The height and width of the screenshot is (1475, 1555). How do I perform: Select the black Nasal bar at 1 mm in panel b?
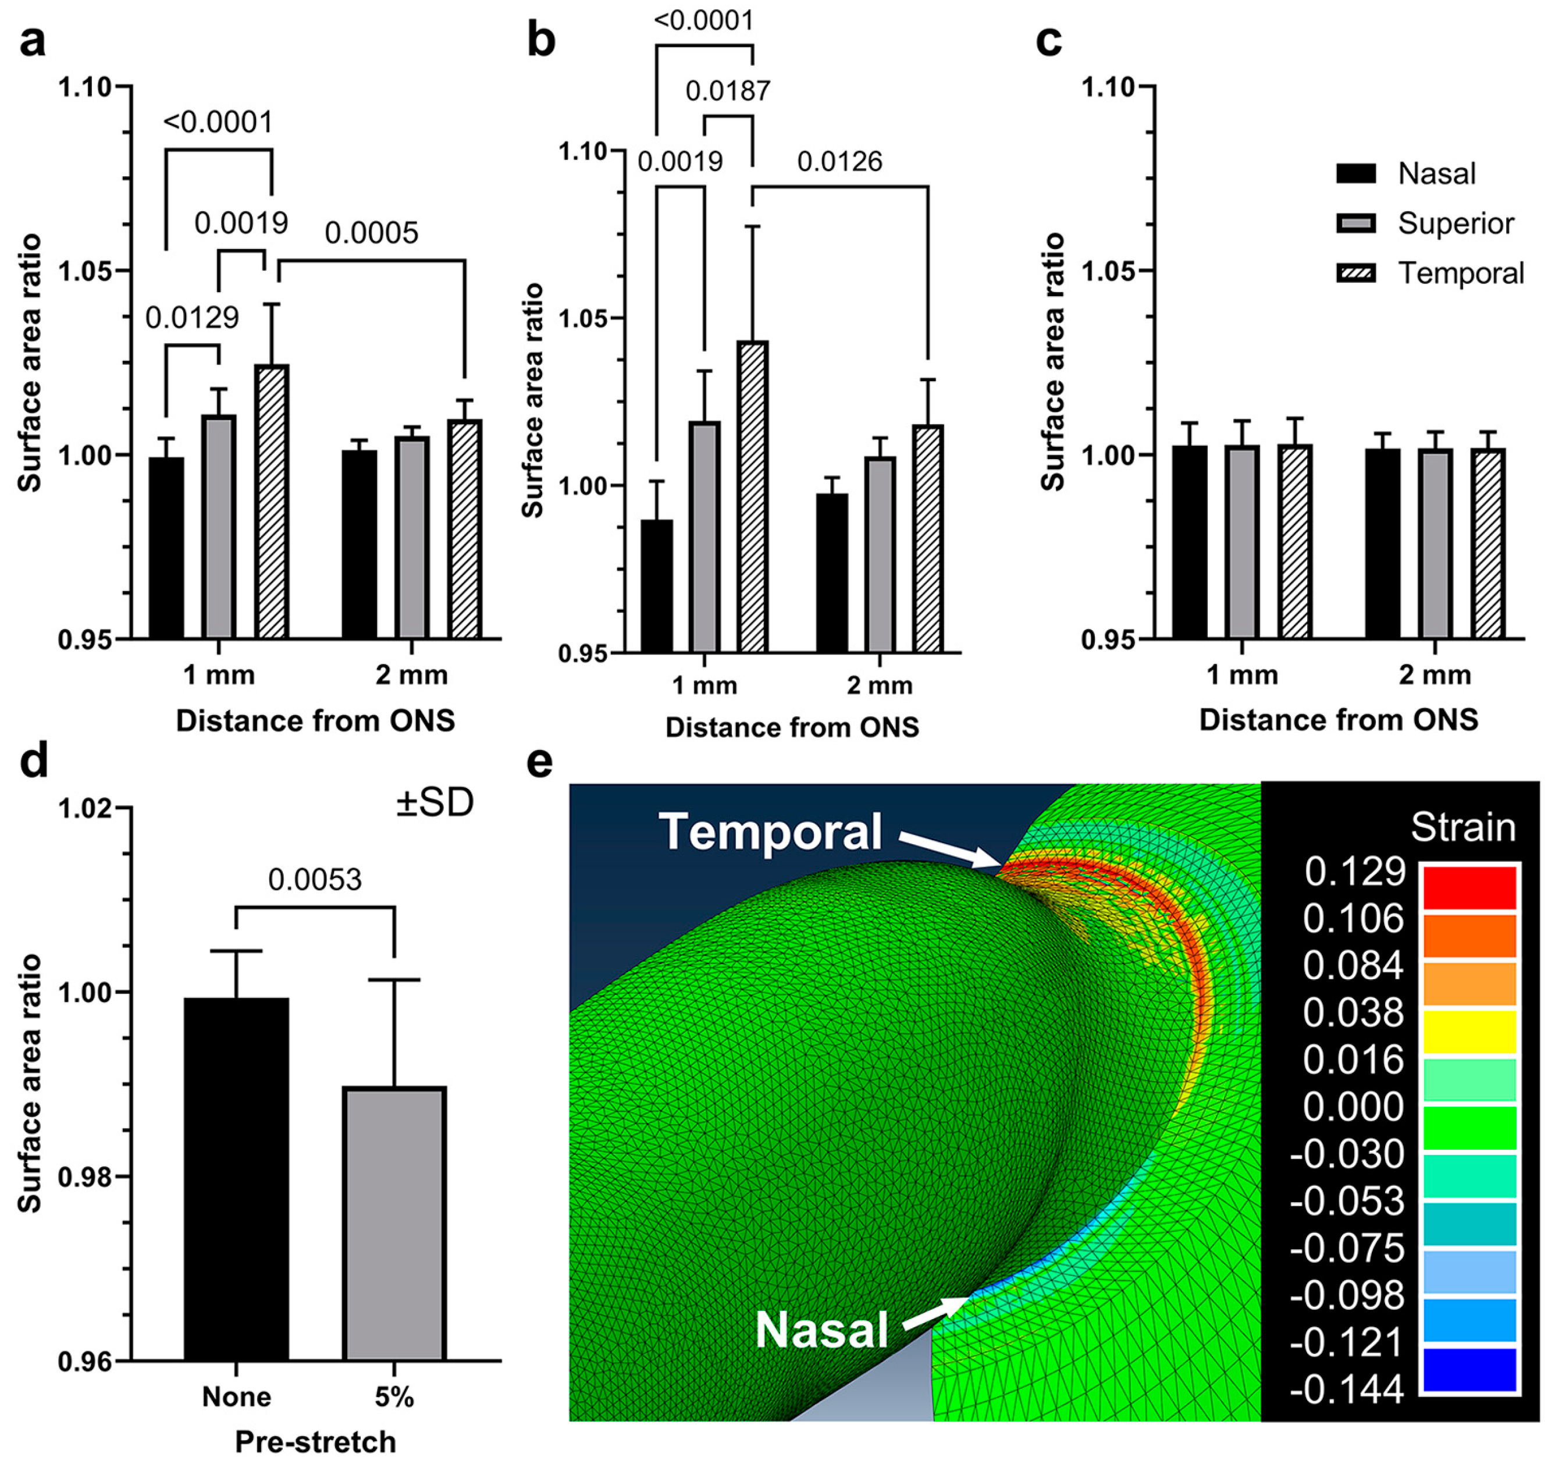[x=657, y=586]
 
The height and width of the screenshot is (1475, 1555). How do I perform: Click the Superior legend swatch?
[x=1356, y=224]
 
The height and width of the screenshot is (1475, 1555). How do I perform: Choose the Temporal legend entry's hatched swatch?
[x=1356, y=273]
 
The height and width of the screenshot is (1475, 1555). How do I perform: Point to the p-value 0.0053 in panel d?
[x=315, y=879]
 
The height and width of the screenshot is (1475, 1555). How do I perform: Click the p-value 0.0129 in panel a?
[x=192, y=318]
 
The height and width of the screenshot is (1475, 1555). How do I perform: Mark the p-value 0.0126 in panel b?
[x=839, y=162]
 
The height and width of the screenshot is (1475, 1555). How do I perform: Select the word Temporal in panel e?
[x=770, y=832]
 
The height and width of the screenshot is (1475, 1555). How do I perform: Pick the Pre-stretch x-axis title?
[x=315, y=1442]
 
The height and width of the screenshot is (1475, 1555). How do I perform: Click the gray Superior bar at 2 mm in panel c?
[x=1435, y=542]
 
